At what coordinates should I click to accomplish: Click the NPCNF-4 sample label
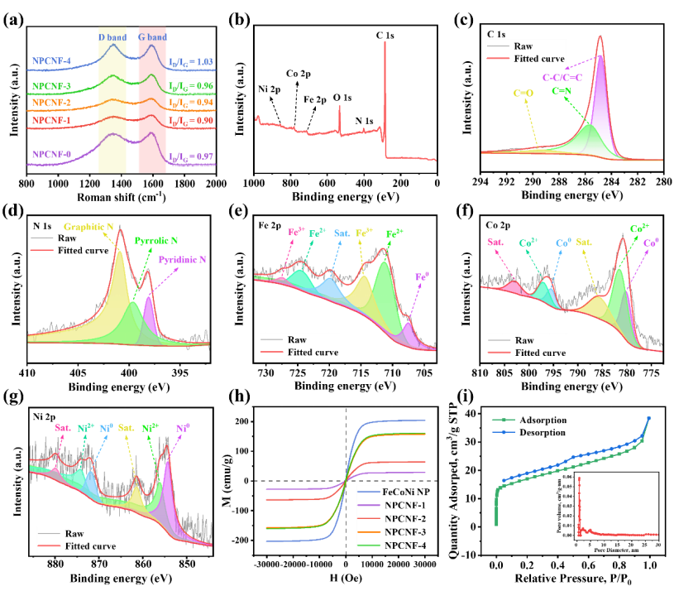pos(51,60)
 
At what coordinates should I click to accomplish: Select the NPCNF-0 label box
pos(51,154)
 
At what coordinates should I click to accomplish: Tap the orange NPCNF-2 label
pos(51,103)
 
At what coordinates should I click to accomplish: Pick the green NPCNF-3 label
pos(51,86)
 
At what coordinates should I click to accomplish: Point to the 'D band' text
pos(112,37)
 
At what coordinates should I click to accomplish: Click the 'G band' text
pos(152,37)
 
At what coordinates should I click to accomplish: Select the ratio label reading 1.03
pos(191,62)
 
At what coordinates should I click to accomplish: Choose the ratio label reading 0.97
pos(191,157)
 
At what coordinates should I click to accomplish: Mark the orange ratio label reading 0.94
pos(191,103)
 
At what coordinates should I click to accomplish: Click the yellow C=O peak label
pos(523,93)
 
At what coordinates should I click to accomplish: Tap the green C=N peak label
pos(562,91)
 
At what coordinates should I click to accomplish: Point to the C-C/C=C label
pos(562,77)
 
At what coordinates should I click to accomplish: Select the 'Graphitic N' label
pos(88,225)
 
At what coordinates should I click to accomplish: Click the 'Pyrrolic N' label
pos(156,240)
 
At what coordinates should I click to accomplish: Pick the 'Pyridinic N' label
pos(182,259)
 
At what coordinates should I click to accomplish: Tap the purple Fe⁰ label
pos(422,276)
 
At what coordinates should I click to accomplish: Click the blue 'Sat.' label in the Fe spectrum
pos(342,233)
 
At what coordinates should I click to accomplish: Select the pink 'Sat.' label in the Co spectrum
pos(495,242)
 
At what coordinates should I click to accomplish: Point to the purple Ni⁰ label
pos(183,428)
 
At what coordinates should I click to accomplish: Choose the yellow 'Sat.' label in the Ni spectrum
pos(126,428)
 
